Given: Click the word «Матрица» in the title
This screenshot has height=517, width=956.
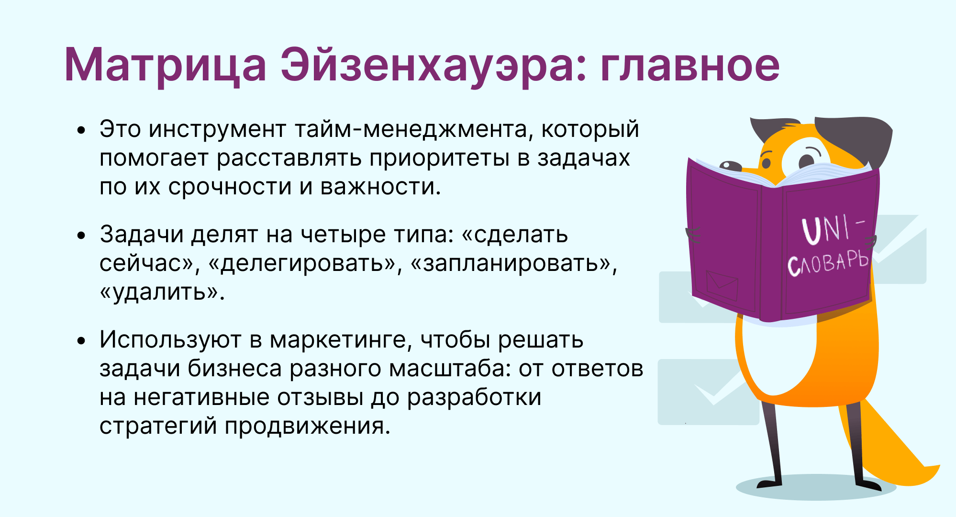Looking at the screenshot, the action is (x=165, y=66).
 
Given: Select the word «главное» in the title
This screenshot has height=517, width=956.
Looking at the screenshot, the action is (x=690, y=66).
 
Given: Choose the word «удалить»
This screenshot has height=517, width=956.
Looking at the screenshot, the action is (x=162, y=292).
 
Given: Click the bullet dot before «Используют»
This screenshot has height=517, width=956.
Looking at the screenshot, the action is (x=82, y=341).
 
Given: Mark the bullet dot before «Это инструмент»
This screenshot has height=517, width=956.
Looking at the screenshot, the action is (x=82, y=130).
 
